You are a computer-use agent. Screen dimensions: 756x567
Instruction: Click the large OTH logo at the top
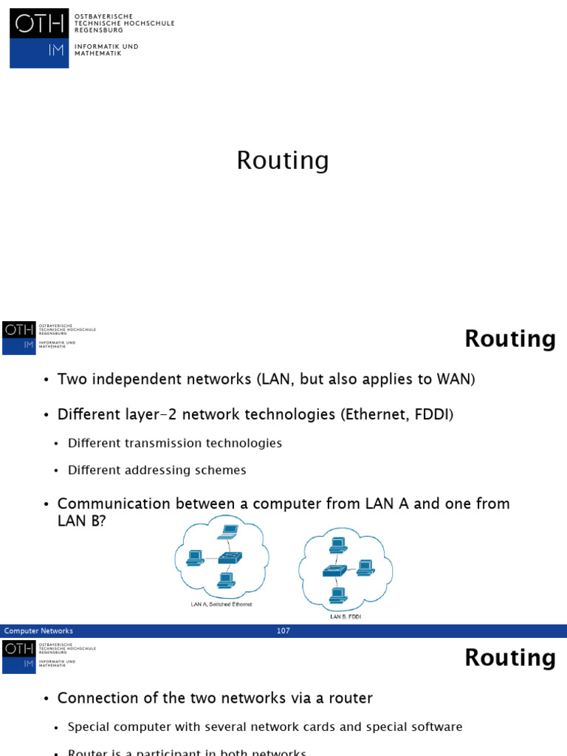tap(39, 38)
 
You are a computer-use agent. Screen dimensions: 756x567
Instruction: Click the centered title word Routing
tap(283, 160)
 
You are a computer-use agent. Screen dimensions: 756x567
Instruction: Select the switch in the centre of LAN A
tap(230, 557)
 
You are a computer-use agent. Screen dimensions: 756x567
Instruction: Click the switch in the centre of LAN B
tap(334, 571)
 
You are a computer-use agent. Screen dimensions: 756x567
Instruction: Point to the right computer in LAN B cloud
tap(364, 568)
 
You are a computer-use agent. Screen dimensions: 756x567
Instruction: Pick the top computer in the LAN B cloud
tap(338, 545)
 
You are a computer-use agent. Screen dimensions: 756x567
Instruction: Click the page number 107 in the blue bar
tap(283, 631)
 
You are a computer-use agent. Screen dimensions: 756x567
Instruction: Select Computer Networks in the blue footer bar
tap(38, 631)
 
